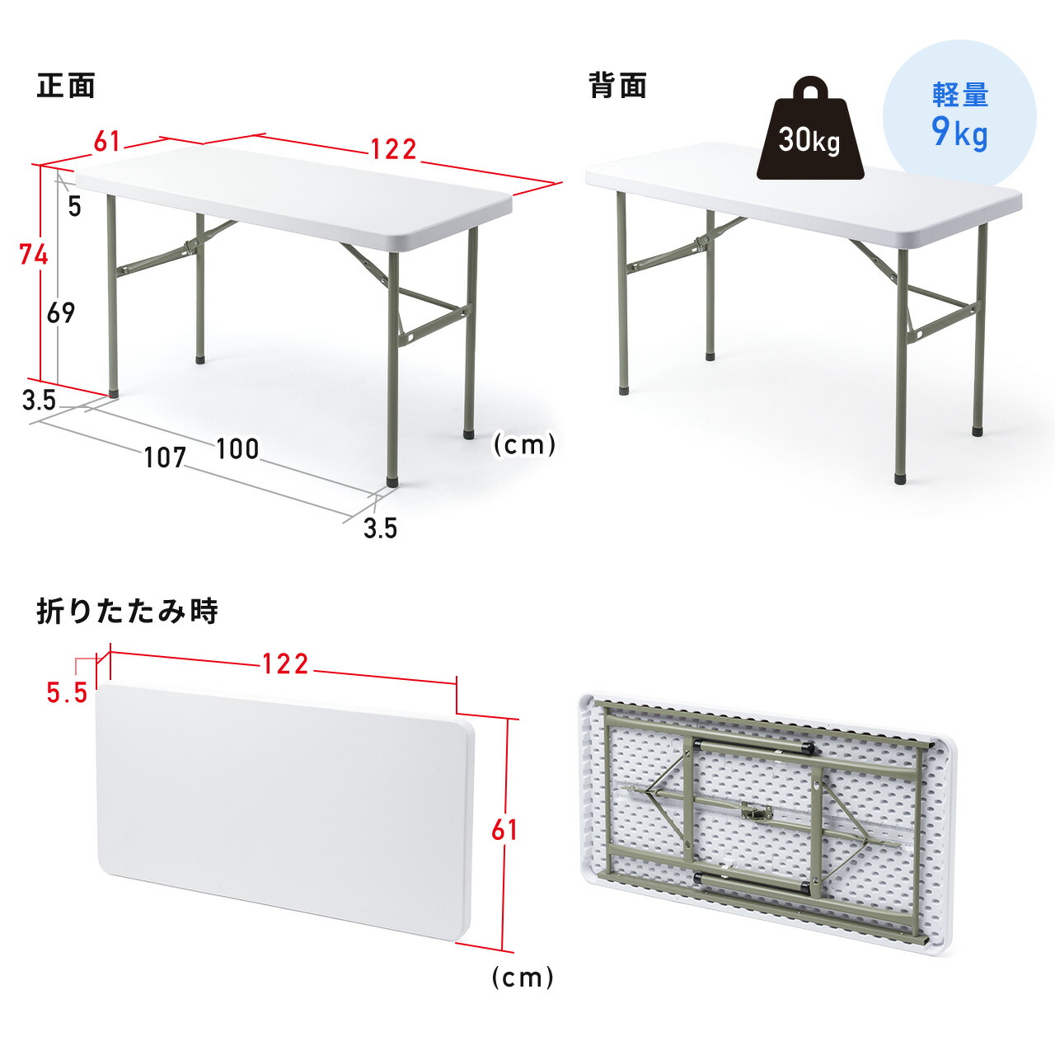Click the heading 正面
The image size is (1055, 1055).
66,86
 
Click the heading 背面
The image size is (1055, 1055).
617,86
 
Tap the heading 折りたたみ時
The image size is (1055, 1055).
127,612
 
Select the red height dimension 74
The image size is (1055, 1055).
34,255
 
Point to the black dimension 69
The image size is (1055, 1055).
61,312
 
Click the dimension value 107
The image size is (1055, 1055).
165,457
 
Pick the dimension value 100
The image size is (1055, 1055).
237,449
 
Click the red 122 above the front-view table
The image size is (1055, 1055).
393,149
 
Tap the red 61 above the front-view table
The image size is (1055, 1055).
107,142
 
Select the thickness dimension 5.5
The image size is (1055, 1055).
67,693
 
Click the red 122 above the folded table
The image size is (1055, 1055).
285,663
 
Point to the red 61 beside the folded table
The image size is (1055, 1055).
504,830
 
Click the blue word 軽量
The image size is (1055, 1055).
960,95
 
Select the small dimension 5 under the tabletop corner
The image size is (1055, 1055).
75,206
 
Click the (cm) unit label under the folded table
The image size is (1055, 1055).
523,978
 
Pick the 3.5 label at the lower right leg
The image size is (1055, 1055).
380,527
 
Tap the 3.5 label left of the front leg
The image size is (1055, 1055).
39,401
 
